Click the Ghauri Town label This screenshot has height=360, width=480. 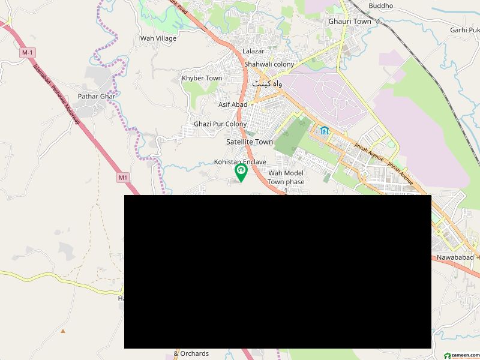pos(349,22)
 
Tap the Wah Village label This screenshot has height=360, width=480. pos(158,38)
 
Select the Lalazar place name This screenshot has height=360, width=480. pos(253,52)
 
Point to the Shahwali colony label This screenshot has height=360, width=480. pos(269,64)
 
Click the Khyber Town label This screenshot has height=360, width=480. pos(202,79)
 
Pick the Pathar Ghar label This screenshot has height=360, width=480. pos(96,96)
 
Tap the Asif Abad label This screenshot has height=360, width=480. pos(233,104)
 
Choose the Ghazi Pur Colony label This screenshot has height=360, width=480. pos(220,124)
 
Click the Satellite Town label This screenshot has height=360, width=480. pos(250,142)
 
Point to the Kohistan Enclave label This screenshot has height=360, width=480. pos(240,162)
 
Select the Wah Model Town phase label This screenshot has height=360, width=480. pos(286,178)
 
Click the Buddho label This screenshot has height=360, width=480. pos(381,6)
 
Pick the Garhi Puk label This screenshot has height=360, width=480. pos(464,29)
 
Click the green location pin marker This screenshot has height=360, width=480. pos(241,173)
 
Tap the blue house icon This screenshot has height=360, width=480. pos(325,131)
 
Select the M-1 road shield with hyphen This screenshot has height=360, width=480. pos(26,53)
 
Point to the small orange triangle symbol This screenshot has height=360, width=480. pos(62,331)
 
